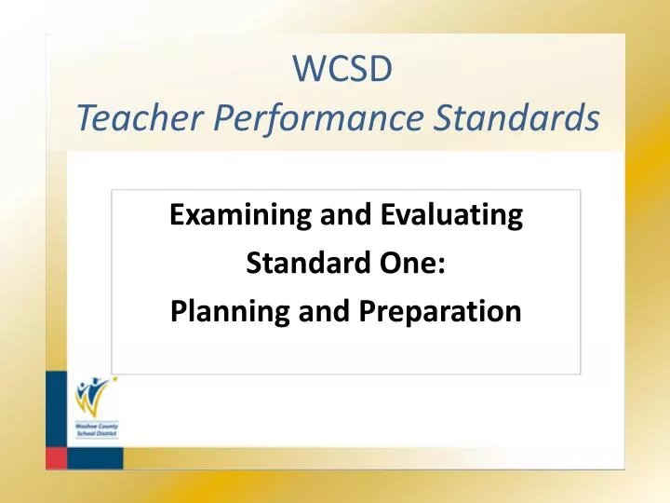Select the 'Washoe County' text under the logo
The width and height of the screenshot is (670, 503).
pos(96,426)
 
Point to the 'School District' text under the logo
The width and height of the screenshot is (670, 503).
pos(96,434)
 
